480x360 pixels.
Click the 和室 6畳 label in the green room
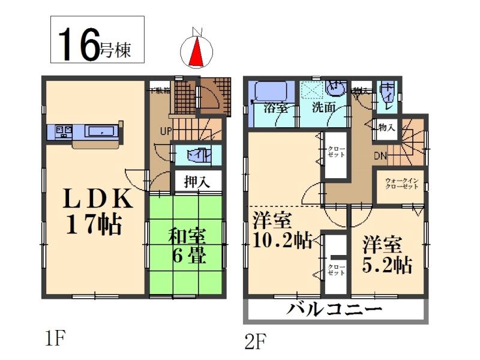[186, 246]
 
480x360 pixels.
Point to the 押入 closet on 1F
[197, 181]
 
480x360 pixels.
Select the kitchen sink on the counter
[100, 131]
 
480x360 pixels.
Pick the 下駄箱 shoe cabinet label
[160, 91]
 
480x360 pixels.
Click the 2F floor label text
[254, 342]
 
